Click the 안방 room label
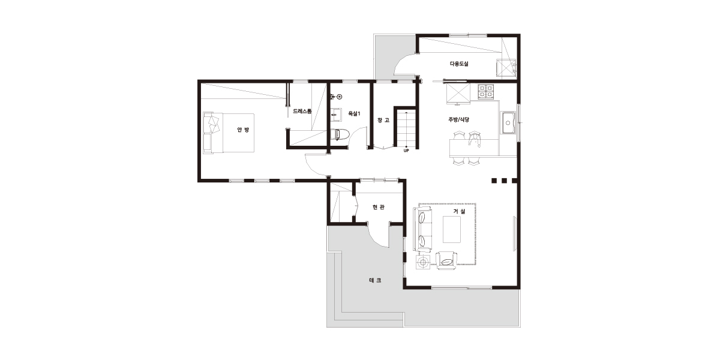243,130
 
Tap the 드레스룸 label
302,112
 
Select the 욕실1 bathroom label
354,113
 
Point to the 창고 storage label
383,120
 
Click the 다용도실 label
459,64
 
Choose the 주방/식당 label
459,119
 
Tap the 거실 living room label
460,211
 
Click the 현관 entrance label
379,207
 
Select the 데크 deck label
375,280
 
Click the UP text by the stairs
406,151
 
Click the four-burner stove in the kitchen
485,91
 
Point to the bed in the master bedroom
229,133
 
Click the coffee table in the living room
452,229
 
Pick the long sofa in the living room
422,229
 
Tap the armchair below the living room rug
446,261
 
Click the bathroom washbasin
336,115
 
